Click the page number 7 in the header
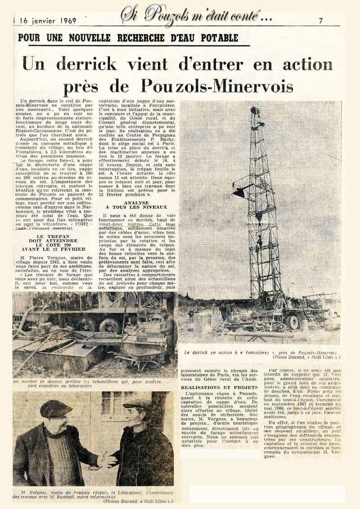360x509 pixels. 320,21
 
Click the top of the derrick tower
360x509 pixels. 255,111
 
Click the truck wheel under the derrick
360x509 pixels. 292,322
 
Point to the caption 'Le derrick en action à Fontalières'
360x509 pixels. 259,352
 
